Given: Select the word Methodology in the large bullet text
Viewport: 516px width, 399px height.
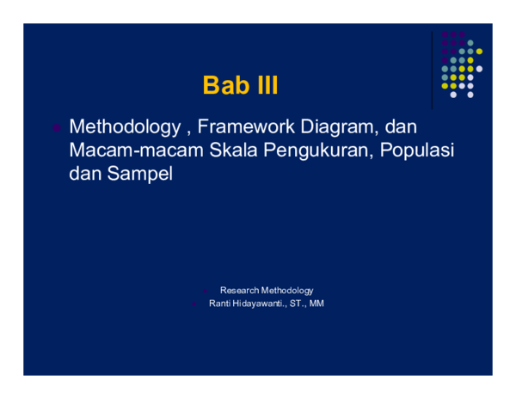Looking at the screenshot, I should click(124, 127).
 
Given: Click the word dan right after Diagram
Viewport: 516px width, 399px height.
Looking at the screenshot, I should click(401, 127).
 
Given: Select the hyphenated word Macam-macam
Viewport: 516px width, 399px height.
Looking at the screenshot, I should click(136, 150).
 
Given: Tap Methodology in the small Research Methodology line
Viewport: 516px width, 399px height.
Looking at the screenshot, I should click(286, 291).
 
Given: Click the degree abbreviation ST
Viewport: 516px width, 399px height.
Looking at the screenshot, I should click(298, 304).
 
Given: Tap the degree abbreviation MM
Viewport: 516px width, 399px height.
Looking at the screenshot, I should click(316, 304).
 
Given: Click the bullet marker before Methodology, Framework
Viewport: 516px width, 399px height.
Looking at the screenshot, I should click(56, 128).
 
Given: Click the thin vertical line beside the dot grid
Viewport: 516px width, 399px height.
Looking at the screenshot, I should click(432, 69).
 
